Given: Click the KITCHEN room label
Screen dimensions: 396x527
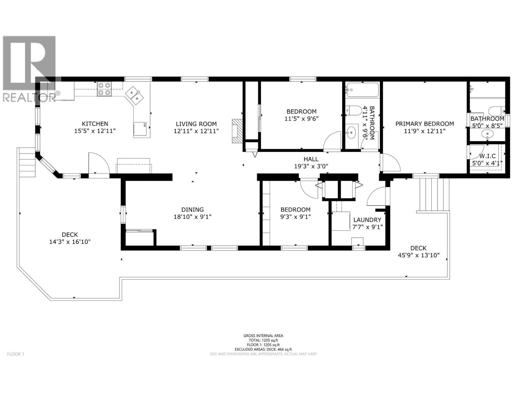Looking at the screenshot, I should coord(95,124).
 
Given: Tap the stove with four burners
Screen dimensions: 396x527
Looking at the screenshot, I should coord(104,89).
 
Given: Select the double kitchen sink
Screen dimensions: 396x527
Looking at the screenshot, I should coord(135,94).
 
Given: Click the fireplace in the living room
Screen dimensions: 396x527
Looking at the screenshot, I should coord(236,131).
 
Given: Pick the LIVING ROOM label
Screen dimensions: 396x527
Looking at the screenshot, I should coord(196,124).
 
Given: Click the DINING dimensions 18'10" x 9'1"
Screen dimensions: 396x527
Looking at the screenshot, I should coord(192,217).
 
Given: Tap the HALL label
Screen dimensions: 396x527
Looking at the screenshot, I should coord(311,159).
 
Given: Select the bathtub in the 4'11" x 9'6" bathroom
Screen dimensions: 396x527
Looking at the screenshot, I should coord(362,89).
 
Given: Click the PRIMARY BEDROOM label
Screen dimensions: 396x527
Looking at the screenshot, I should coord(425,124).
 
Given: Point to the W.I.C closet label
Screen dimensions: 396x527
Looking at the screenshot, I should coord(487,156).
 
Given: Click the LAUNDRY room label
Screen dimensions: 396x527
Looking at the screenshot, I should coord(367,220).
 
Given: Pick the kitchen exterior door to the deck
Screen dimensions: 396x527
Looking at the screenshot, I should coord(98,163).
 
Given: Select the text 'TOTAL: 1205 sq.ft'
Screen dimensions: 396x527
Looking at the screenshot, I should coord(263,340).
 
